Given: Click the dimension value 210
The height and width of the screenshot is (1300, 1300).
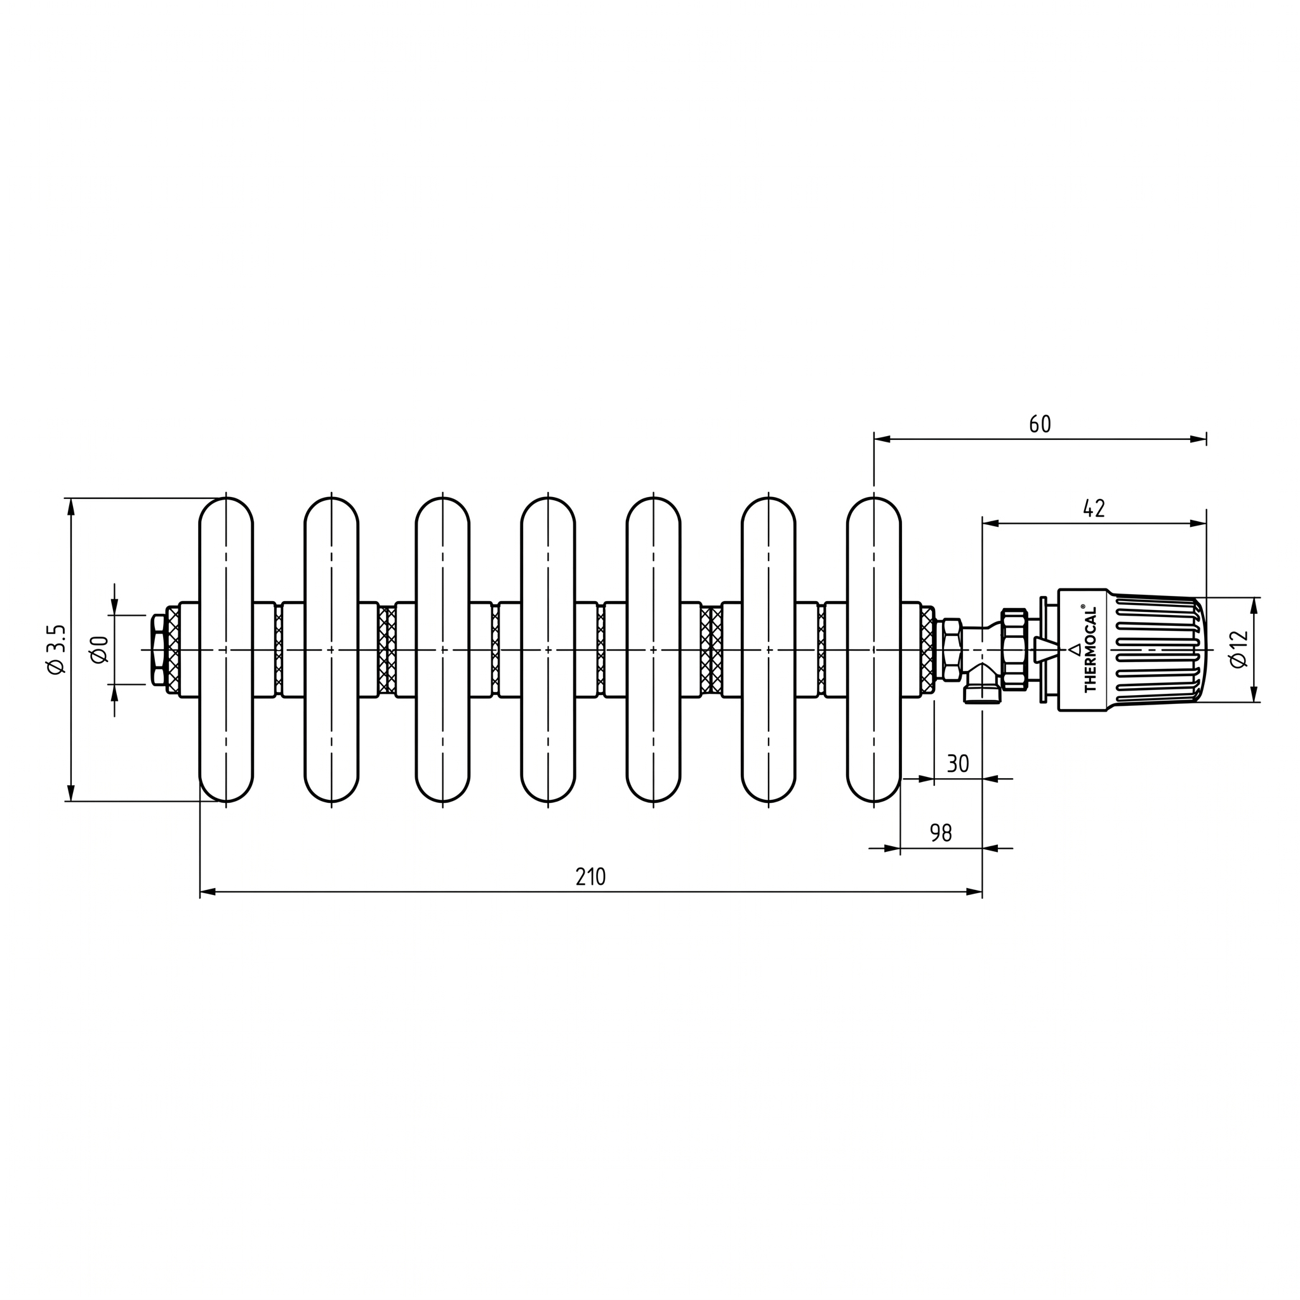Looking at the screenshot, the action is point(590,877).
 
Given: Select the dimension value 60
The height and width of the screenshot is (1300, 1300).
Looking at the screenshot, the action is point(1040,424).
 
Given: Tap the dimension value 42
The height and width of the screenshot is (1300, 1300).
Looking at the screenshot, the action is point(1094,508).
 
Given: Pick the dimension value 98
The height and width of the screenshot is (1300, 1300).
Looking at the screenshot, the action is point(941,833).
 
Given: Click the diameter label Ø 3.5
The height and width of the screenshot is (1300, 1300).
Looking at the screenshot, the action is point(56,649).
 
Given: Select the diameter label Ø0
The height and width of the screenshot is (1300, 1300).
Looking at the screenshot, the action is point(100,649).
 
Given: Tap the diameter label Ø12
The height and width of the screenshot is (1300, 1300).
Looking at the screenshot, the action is point(1238,649).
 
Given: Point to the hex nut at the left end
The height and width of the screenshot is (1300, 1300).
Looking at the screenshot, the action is point(159,649).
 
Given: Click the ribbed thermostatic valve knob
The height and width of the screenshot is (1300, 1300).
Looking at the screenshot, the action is point(1131,650).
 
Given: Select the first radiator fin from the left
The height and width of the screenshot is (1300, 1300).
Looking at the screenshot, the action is point(226,650).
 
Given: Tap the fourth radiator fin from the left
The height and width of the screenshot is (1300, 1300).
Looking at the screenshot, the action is point(548,650).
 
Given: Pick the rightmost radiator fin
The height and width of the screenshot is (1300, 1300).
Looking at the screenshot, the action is point(873,650).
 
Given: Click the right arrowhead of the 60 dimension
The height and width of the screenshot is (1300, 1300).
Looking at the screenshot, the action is point(1198,439).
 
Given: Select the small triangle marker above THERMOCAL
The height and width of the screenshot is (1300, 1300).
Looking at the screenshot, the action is point(1075,649).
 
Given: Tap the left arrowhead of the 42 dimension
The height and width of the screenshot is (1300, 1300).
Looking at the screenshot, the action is point(990,523).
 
